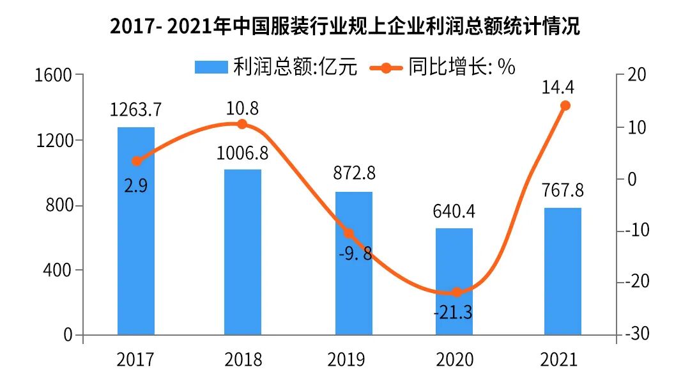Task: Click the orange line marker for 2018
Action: [242, 124]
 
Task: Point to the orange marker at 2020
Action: [456, 292]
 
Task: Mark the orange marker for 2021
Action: [565, 106]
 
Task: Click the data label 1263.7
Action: [135, 110]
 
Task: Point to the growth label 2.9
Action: [135, 185]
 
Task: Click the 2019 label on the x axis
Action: [346, 360]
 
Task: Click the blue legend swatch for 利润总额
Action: [211, 67]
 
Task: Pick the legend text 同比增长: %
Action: [462, 67]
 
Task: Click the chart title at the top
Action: [345, 27]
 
